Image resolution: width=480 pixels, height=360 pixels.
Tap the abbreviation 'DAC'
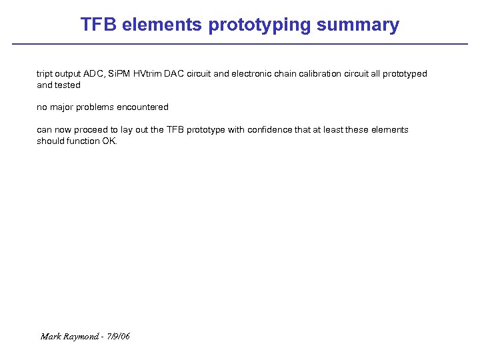coord(180,74)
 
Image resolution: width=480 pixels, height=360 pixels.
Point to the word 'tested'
coord(67,85)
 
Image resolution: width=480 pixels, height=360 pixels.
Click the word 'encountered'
coord(144,107)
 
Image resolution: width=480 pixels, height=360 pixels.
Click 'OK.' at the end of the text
coord(109,141)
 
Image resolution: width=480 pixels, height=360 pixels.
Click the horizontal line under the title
coord(240,44)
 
